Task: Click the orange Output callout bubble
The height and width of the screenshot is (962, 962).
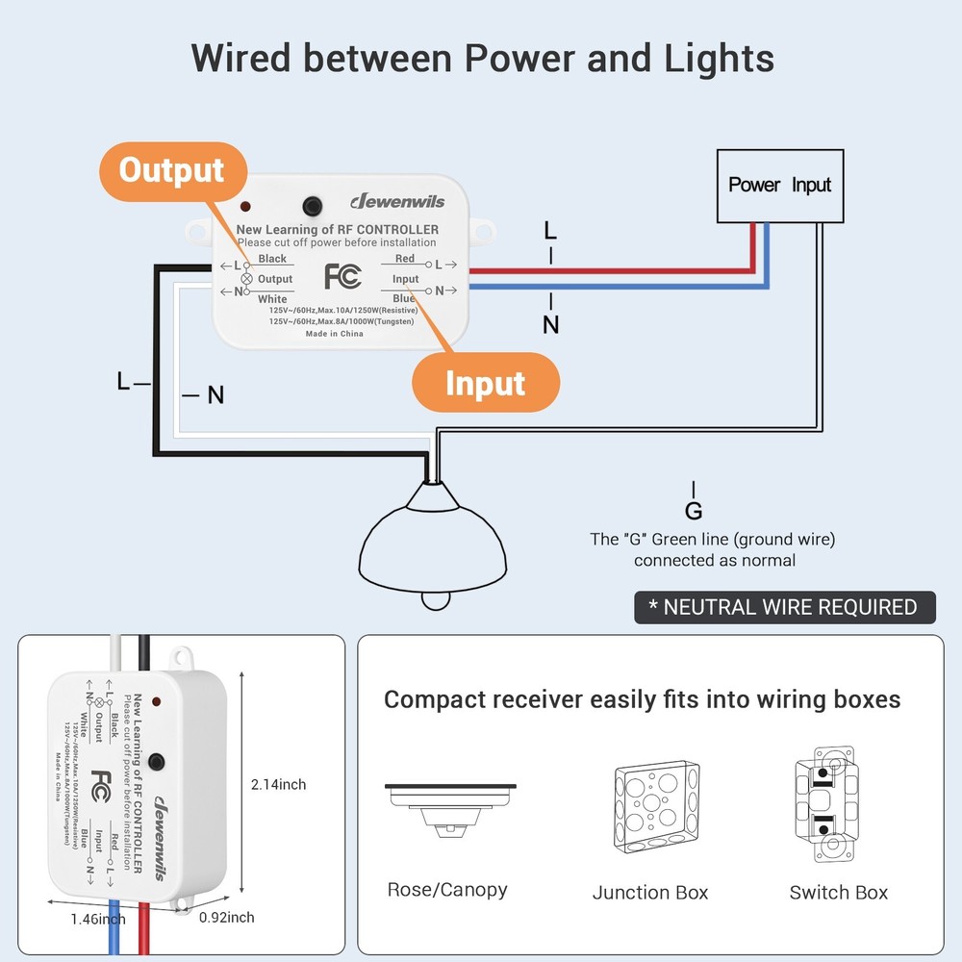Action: [171, 171]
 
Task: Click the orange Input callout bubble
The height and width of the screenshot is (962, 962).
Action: [485, 383]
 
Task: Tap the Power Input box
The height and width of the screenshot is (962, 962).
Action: [779, 185]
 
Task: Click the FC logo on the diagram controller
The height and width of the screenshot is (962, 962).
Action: [342, 276]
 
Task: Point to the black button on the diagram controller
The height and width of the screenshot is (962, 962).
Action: [312, 207]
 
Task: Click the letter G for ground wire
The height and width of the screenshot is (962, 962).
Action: [694, 511]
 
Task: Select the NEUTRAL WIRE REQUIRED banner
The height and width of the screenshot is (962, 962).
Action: [784, 607]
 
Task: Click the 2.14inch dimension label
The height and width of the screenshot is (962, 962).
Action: [278, 785]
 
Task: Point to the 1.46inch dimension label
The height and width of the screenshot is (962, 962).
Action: [97, 920]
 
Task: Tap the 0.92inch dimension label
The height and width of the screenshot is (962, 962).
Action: [226, 918]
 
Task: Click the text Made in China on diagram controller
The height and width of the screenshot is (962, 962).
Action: [334, 334]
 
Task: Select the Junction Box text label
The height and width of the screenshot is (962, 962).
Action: [650, 893]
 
